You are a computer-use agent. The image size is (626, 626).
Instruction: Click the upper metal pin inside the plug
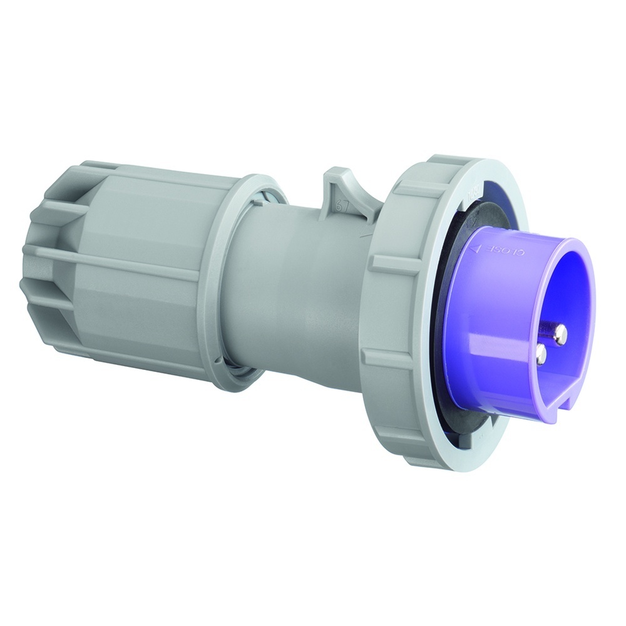(560, 332)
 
